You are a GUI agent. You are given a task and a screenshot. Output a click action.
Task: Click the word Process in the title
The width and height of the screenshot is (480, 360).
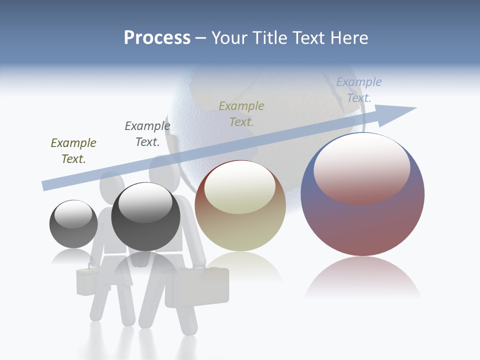(x=157, y=38)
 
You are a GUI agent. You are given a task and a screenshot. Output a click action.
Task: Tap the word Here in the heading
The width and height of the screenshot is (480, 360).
(x=348, y=38)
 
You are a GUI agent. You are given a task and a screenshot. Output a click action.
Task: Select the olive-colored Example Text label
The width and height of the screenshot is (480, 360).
(x=73, y=151)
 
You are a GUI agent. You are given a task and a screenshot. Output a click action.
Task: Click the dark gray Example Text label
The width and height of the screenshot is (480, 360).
(x=147, y=134)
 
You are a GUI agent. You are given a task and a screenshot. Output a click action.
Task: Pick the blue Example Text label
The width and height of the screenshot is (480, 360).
(x=359, y=90)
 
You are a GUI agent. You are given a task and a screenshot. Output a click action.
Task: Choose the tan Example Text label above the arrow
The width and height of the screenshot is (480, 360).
(x=241, y=113)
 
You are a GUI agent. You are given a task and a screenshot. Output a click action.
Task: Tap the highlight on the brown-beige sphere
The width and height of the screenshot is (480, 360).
(x=240, y=186)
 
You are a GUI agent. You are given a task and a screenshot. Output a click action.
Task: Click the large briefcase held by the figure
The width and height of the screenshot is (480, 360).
(x=197, y=287)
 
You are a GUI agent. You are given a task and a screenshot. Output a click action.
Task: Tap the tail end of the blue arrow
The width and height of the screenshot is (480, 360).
(x=46, y=185)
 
